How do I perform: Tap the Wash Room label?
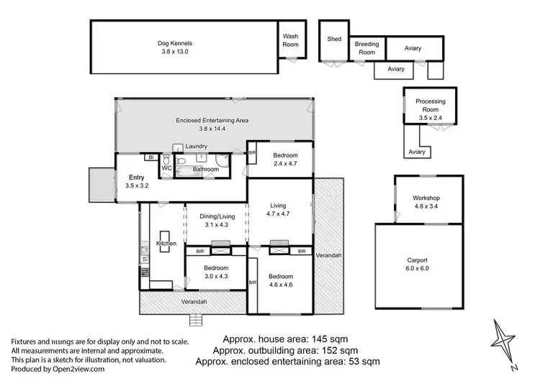coord(290,40)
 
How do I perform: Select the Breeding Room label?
coord(366,48)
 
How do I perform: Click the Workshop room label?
coord(426,198)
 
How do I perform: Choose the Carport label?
coord(416,260)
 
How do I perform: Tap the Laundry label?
coord(196,147)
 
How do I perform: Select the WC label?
coord(166,168)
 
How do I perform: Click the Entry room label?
coord(136,177)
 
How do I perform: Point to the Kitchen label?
coord(166,244)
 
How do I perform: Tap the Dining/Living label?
coord(216,216)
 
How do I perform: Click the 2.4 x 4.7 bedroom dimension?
coord(281,163)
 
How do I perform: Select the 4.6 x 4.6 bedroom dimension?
coord(281,285)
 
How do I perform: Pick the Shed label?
coord(334,40)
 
